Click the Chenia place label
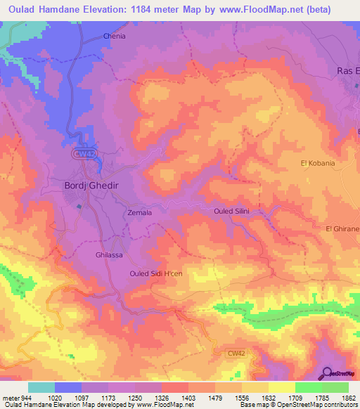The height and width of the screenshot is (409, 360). tap(114, 35)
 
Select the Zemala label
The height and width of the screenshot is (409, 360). tap(141, 212)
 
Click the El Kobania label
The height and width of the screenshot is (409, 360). tap(318, 164)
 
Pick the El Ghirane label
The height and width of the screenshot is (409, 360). tap(342, 229)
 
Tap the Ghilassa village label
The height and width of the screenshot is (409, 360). tap(109, 255)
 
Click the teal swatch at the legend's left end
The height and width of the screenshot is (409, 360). tap(41, 387)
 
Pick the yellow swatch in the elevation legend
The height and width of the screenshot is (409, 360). tap(281, 387)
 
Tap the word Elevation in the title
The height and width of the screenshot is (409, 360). tap(122, 10)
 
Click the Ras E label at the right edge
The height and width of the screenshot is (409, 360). tap(348, 71)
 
